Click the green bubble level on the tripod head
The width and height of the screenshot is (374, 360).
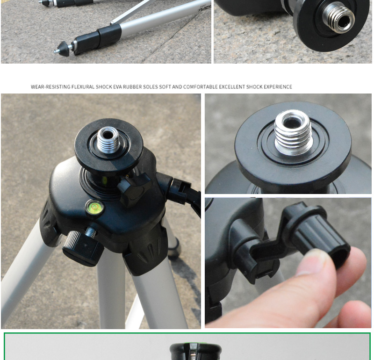click(94, 207)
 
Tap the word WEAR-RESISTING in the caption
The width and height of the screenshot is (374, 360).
click(50, 86)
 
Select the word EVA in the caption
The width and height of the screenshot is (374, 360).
click(117, 86)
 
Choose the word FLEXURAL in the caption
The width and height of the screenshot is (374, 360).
click(83, 86)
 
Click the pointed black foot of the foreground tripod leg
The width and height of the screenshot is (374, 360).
click(62, 49)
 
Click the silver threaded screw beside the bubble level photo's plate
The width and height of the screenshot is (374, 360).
click(338, 17)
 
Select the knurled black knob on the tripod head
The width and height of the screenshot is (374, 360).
click(82, 248)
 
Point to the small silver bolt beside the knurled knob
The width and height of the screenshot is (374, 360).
click(91, 232)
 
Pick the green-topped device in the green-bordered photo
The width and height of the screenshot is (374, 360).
click(195, 352)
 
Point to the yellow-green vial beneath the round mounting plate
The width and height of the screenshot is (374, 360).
click(104, 180)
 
